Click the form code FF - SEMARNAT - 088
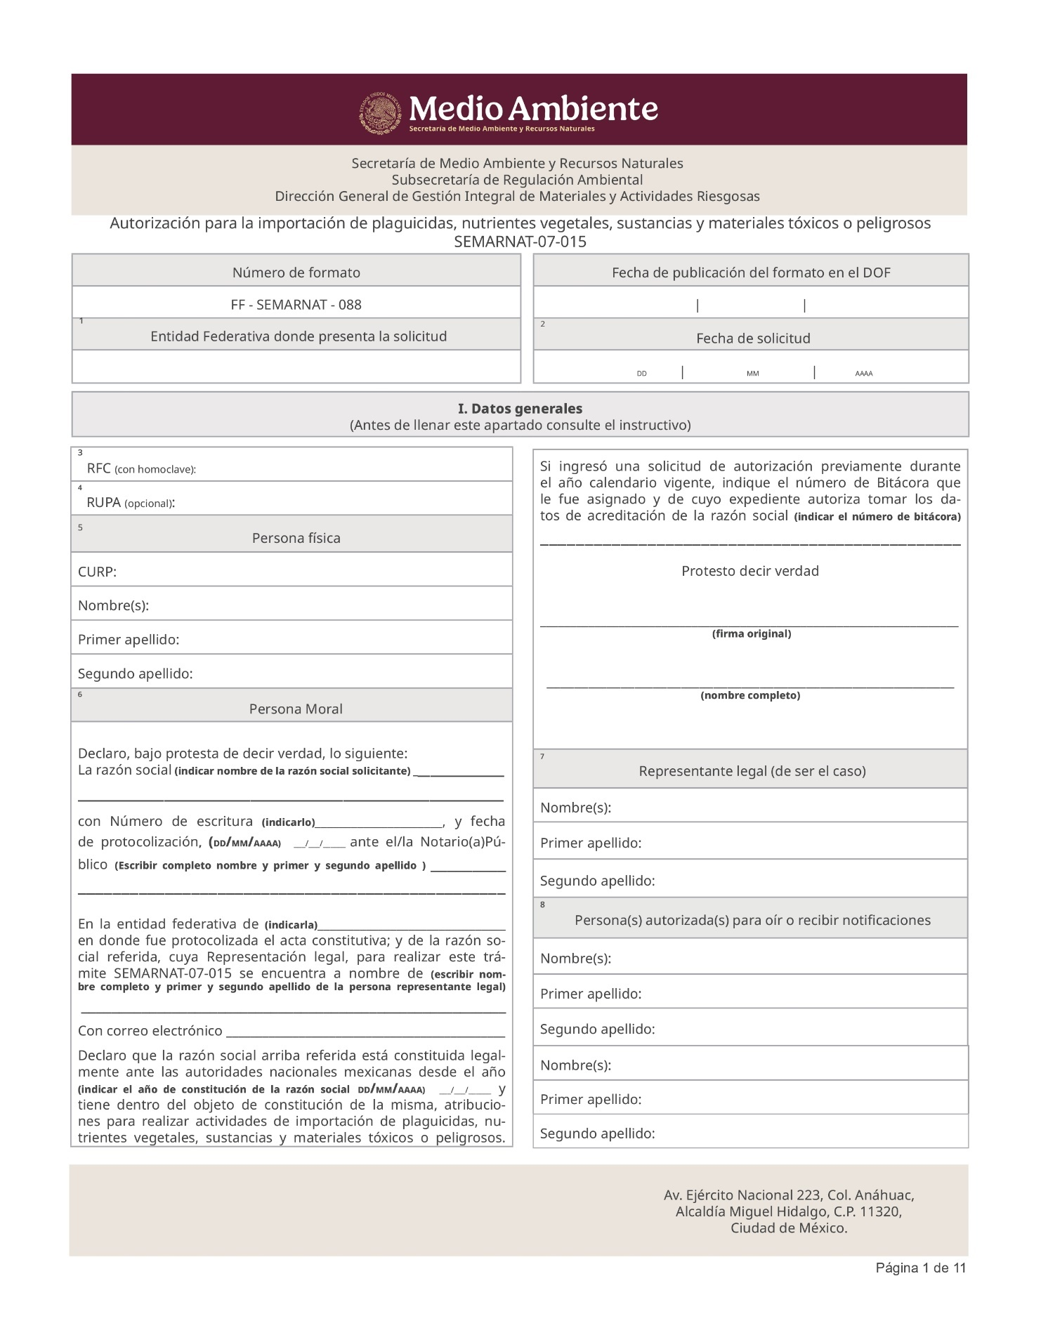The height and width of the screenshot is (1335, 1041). point(296,305)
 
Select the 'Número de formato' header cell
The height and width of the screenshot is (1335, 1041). point(296,272)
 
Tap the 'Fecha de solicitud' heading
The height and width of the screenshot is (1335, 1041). point(753,338)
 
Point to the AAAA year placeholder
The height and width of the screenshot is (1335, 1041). point(863,374)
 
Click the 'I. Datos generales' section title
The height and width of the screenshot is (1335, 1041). point(520,409)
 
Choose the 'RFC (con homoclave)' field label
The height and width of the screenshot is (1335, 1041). point(141,468)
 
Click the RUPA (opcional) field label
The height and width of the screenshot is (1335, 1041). point(131,503)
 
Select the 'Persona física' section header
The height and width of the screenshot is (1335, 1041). point(296,539)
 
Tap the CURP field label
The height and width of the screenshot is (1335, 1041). point(97,572)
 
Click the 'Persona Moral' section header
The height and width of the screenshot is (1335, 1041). point(296,709)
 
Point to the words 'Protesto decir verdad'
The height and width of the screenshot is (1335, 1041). point(750,571)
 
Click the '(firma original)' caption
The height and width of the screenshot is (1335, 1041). point(751,633)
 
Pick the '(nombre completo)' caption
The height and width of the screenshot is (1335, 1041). point(750,695)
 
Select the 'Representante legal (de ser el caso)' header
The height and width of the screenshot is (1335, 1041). point(752,771)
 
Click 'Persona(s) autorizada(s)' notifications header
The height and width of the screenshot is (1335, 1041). point(752,920)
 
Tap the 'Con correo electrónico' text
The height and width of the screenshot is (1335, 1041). point(150,1031)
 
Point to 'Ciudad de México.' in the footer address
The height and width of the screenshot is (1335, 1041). point(789,1228)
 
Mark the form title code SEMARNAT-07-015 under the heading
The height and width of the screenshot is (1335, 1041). point(520,242)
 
